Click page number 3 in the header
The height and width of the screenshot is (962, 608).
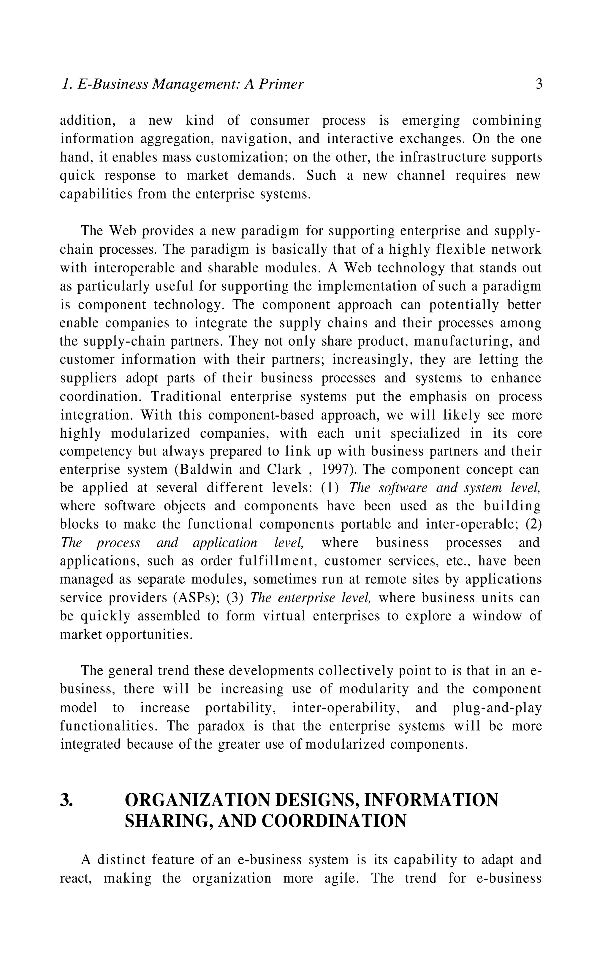[539, 84]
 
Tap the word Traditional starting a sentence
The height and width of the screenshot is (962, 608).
[186, 397]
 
